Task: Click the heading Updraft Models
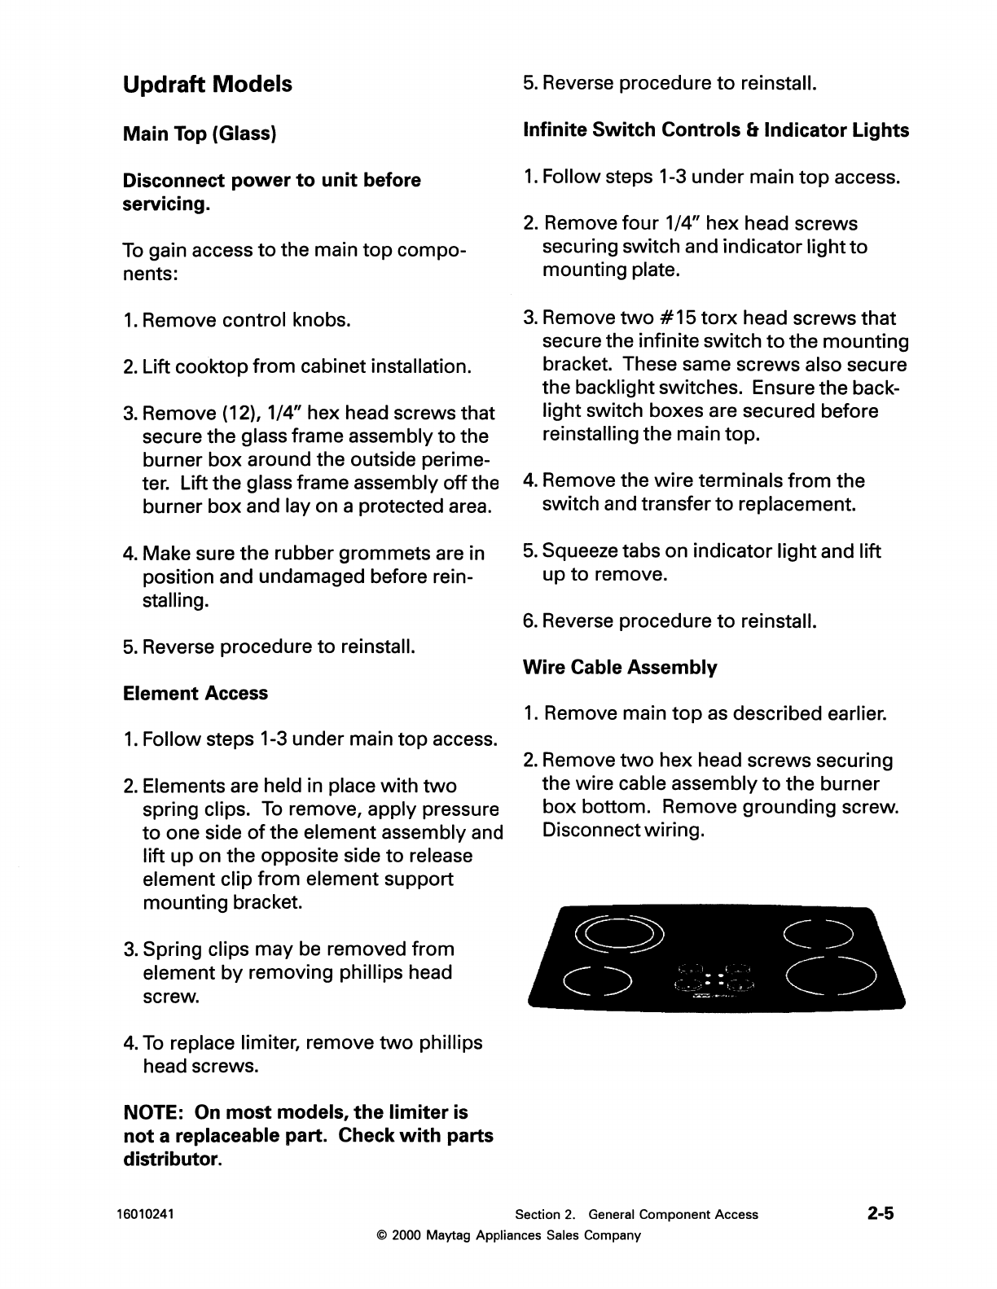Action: click(207, 85)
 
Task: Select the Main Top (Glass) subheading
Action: click(200, 133)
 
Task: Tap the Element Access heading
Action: click(195, 693)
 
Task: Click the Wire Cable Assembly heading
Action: click(619, 668)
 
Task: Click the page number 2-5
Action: click(880, 1213)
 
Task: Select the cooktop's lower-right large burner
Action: click(830, 976)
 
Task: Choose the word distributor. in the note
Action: click(171, 1159)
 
